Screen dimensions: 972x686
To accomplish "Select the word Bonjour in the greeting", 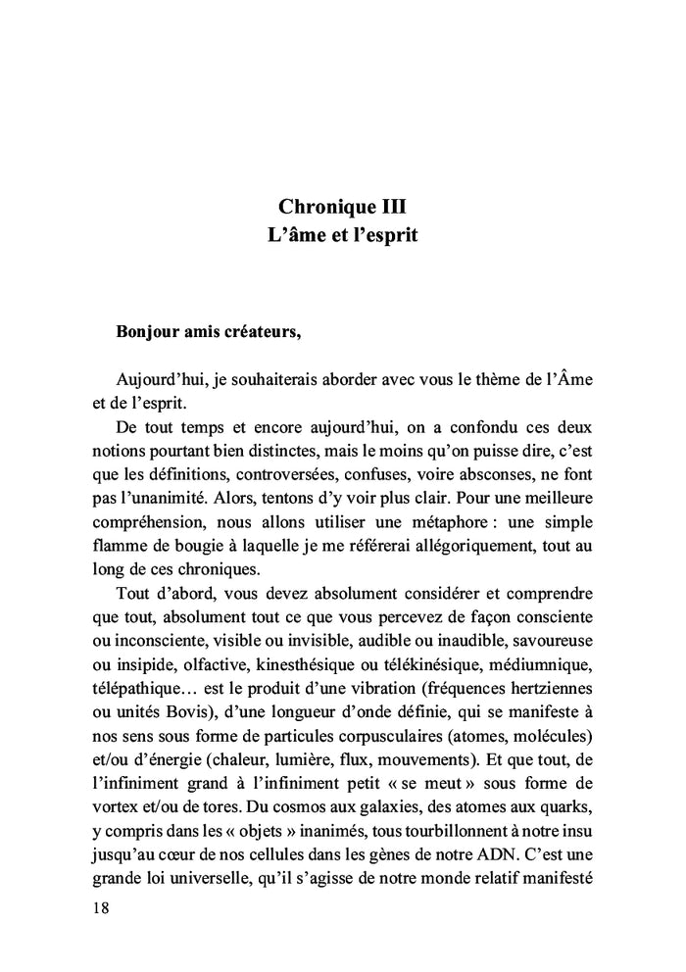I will coord(150,328).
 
